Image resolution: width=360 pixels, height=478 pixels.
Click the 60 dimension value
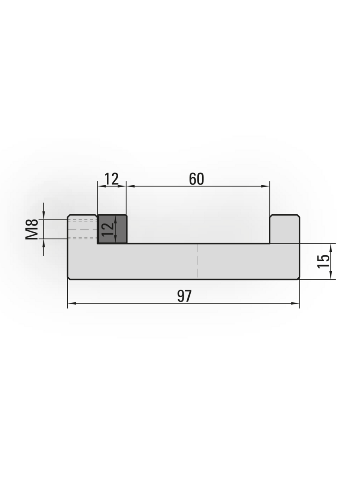pyautogui.click(x=193, y=176)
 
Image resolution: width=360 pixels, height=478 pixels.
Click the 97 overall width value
pyautogui.click(x=182, y=291)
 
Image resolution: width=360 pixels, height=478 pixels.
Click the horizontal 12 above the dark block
pyautogui.click(x=110, y=176)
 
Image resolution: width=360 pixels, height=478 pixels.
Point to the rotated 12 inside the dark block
pyautogui.click(x=106, y=226)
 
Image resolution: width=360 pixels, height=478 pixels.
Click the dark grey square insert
pyautogui.click(x=110, y=225)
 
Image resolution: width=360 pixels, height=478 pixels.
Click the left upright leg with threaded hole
pyautogui.click(x=81, y=225)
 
